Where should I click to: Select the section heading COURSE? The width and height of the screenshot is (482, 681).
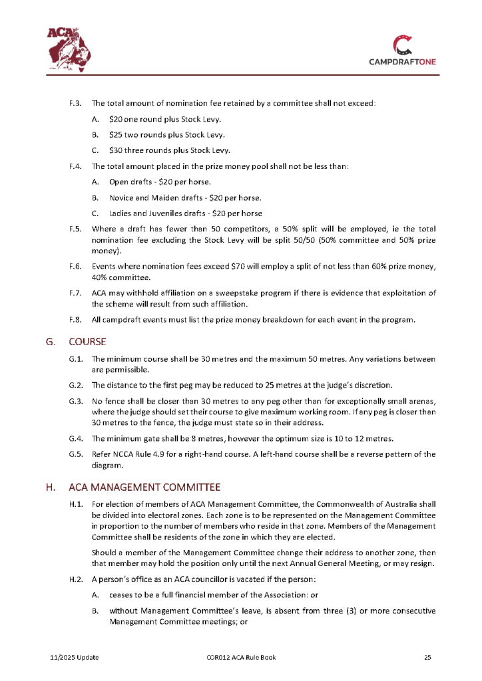pos(87,342)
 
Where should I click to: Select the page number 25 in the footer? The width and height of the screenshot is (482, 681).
pos(428,658)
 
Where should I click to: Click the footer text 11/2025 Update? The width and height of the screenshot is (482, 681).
pos(75,658)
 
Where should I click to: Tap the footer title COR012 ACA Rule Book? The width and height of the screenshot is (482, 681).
pos(241,658)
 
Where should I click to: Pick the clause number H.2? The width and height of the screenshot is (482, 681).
pos(75,577)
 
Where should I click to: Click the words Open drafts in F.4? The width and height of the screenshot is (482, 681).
pos(129,182)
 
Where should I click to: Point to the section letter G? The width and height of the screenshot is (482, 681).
pos(49,342)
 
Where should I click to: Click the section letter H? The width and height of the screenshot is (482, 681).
pos(50,487)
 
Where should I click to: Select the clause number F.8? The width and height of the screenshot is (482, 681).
pos(75,319)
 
